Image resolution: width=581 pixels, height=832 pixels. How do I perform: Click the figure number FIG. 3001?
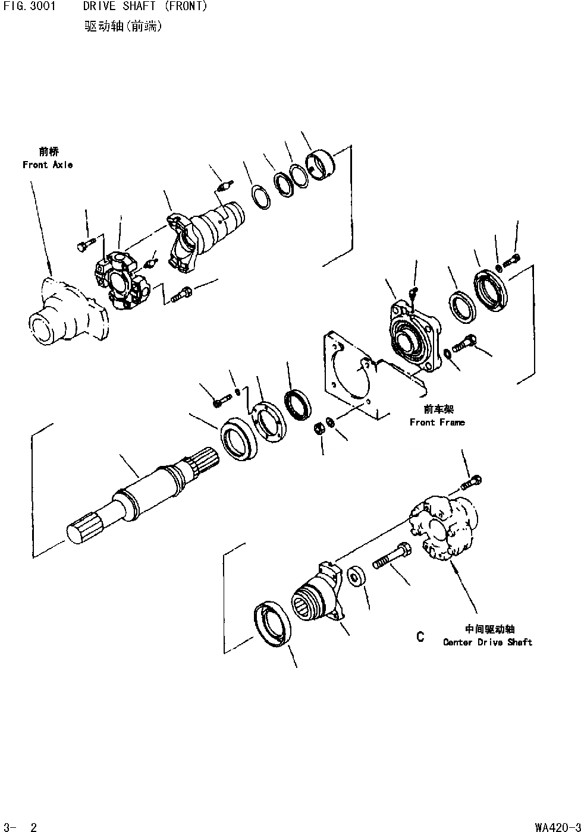[30, 7]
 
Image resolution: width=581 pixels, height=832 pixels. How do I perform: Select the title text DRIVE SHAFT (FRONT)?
[145, 7]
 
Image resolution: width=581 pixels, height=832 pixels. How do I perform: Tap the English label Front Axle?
[48, 165]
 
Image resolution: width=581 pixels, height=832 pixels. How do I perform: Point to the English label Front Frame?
[437, 422]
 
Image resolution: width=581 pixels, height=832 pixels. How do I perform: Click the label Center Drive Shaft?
[488, 642]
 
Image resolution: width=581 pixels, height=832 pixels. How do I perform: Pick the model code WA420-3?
[557, 826]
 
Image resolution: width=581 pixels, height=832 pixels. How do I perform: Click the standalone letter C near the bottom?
[420, 636]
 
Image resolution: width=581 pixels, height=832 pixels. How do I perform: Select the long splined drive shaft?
[143, 493]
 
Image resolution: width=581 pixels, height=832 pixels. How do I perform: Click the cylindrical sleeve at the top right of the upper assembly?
[320, 166]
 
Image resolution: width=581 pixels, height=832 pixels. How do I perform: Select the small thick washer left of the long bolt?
[357, 576]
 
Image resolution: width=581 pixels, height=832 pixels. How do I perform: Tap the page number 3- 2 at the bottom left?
[21, 826]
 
